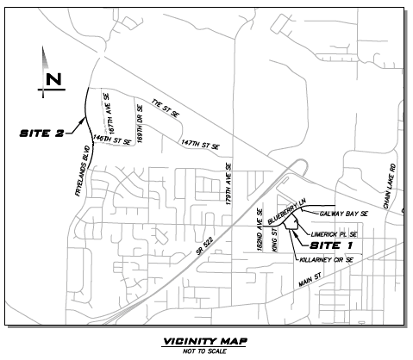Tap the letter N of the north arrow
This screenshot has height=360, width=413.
pos(53,80)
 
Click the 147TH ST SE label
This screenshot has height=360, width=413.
pos(201,143)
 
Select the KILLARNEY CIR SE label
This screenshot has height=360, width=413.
pos(327,258)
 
